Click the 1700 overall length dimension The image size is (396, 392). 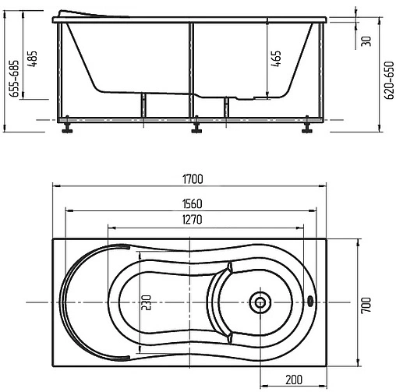point(193,179)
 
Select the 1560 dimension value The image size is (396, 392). point(193,204)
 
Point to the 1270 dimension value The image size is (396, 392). point(193,220)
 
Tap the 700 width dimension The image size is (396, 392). point(366,305)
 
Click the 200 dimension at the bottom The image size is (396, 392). point(294,380)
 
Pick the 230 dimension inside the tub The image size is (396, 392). point(147,302)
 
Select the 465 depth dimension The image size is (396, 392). point(276,58)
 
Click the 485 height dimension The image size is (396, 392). point(33,59)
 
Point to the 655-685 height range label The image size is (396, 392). point(14,79)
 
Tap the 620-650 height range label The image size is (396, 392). point(389,80)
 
